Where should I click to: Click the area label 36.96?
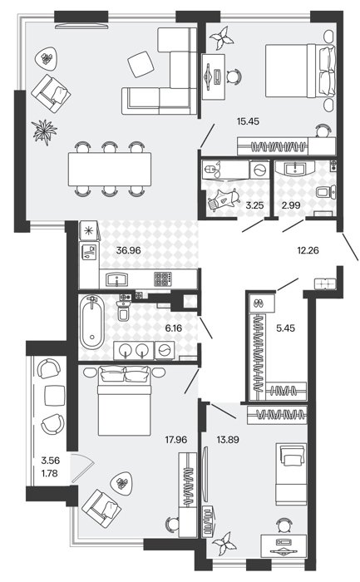click(128, 250)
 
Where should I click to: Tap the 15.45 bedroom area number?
click(248, 121)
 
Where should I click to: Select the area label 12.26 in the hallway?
click(308, 250)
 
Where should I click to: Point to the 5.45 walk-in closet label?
click(286, 328)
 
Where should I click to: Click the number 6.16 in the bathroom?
click(174, 328)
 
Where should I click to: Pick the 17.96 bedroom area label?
click(176, 440)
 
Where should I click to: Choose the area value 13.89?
click(228, 440)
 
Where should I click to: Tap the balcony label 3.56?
click(51, 461)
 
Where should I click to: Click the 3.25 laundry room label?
click(254, 205)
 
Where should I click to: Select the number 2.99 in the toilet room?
click(291, 205)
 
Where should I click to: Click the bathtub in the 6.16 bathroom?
click(91, 323)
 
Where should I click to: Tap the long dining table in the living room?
click(110, 170)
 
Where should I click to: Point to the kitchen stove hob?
click(163, 279)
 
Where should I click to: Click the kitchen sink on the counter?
click(118, 279)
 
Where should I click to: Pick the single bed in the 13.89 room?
click(291, 474)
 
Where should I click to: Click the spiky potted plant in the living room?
click(45, 132)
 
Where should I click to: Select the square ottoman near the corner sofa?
click(141, 64)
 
